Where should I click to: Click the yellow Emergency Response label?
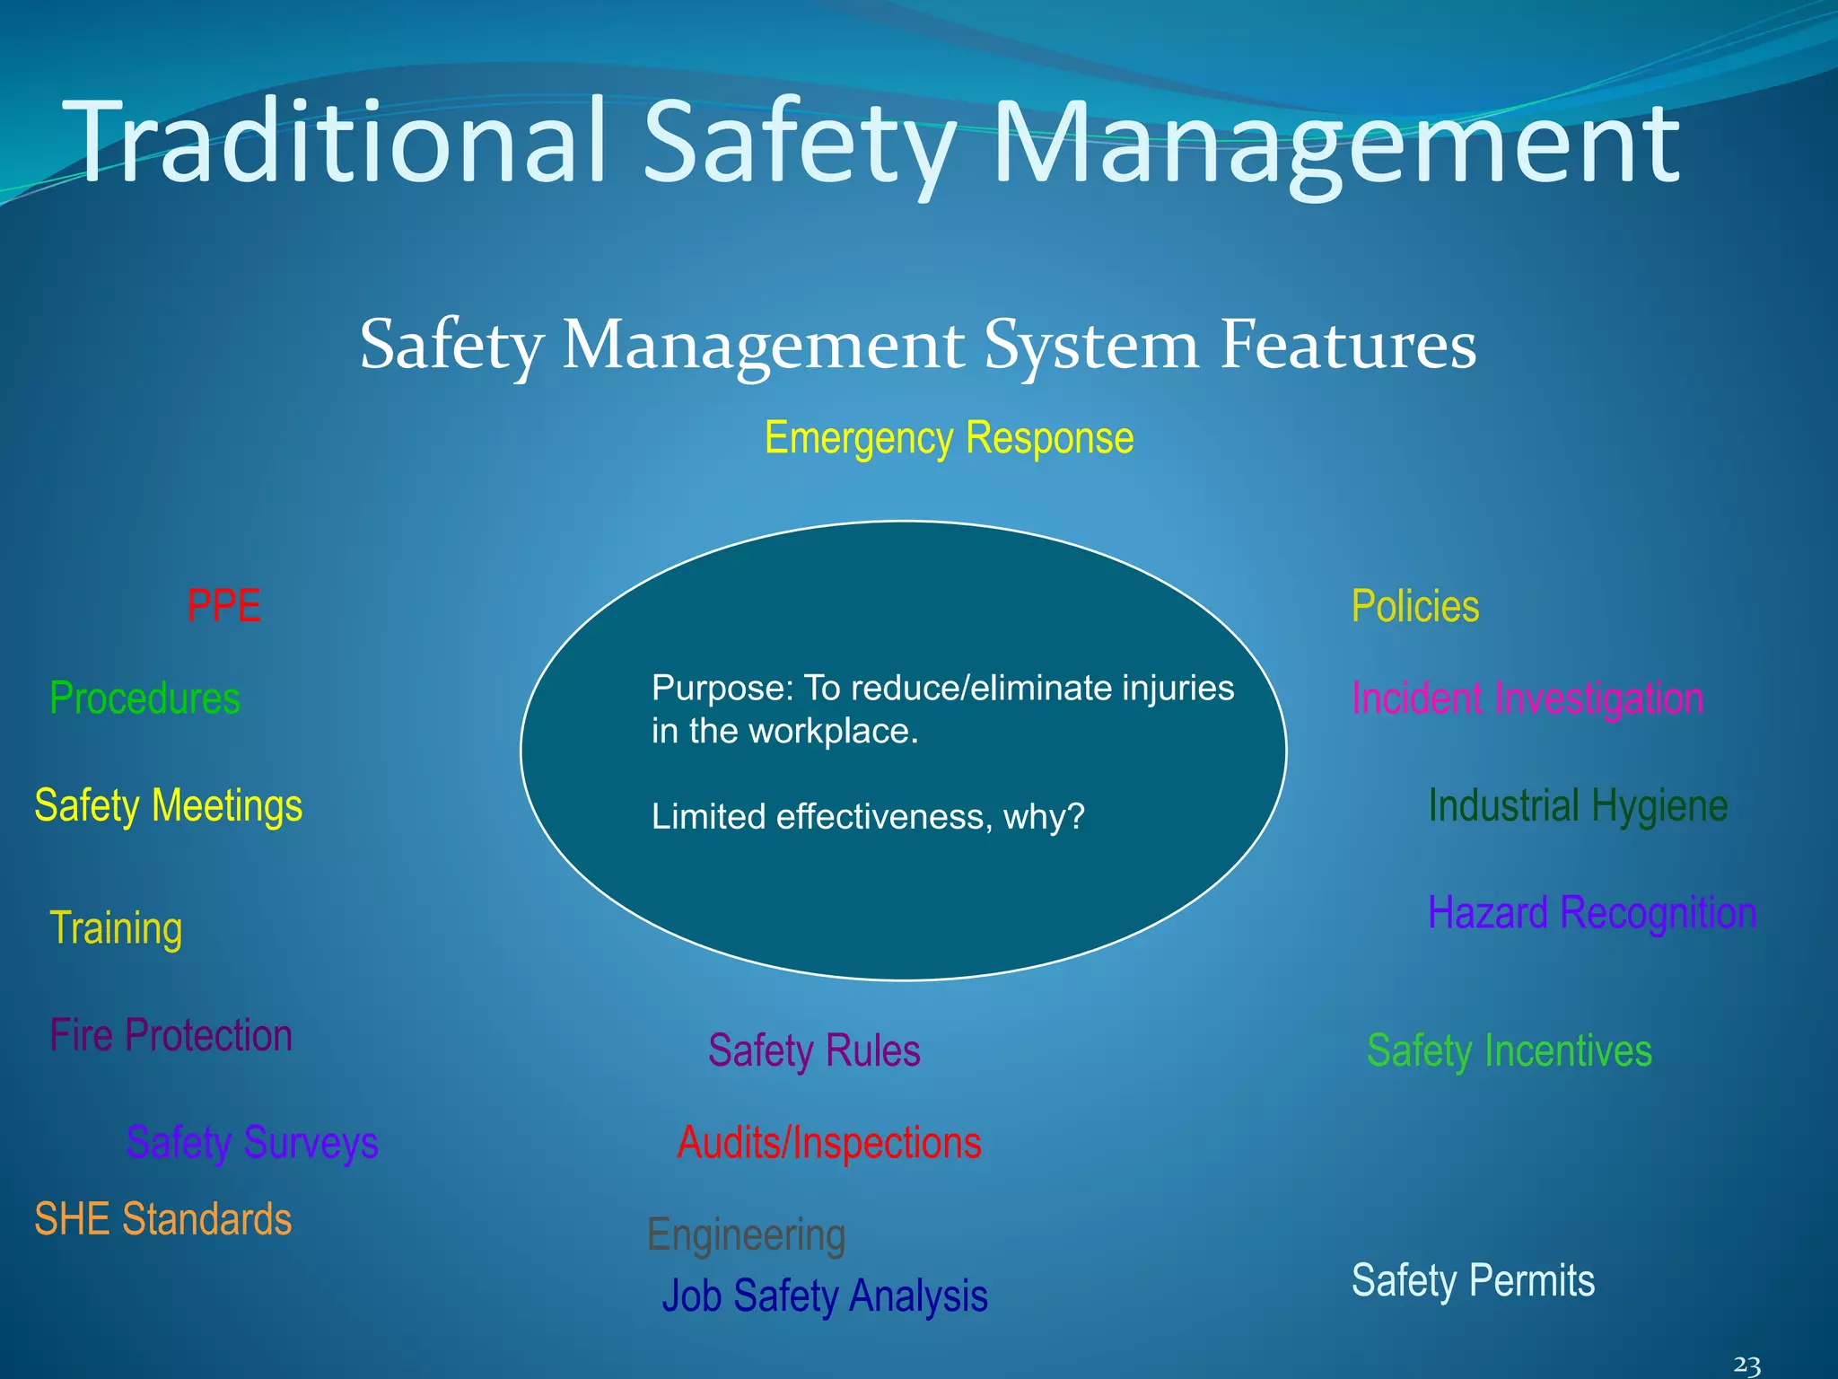949,439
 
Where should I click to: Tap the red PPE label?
223,606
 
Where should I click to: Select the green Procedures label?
144,698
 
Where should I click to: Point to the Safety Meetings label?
168,805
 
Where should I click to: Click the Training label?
116,928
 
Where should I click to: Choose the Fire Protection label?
171,1035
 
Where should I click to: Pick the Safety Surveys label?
252,1143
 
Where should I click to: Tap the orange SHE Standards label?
162,1219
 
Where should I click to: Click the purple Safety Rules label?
814,1050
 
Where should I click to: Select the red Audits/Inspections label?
829,1143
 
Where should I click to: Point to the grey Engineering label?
746,1235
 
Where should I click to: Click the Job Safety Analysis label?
825,1296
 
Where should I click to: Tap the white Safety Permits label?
1473,1280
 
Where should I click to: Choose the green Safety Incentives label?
1509,1050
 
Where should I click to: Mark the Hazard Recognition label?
1591,913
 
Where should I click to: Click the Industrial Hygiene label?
1578,805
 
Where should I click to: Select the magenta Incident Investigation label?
1527,698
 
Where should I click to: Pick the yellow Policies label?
1415,606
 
